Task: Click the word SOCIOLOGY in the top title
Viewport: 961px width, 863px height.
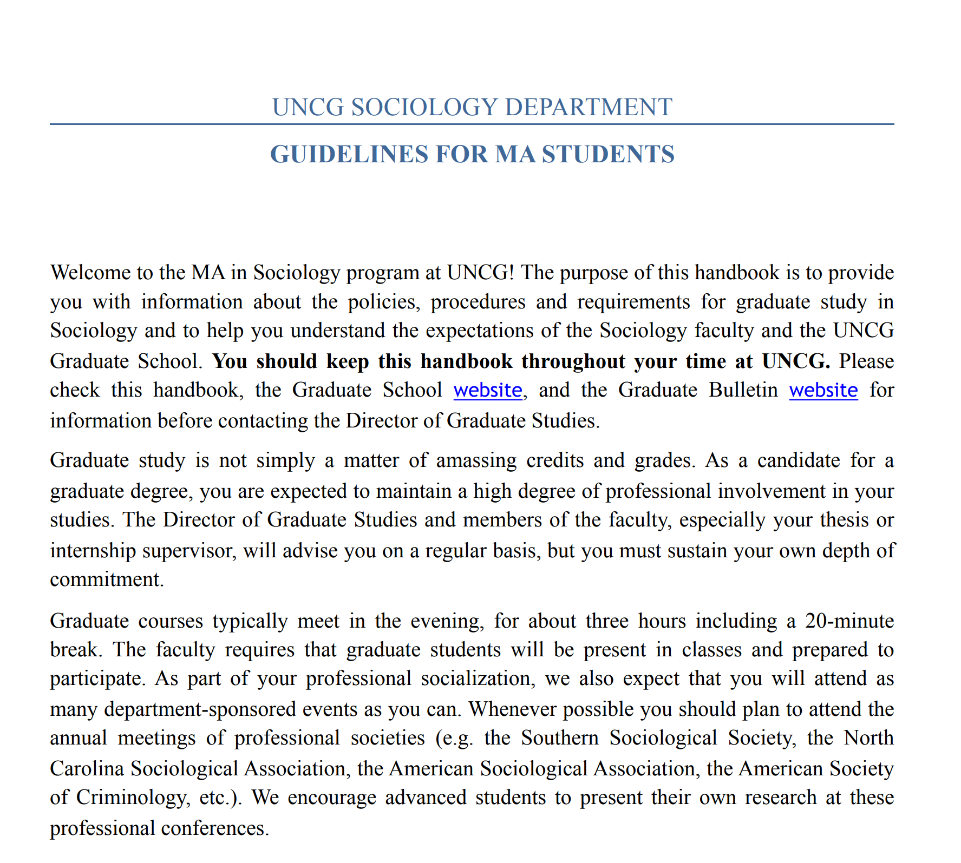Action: coord(424,107)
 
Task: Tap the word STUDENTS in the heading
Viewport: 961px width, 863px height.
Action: coord(608,154)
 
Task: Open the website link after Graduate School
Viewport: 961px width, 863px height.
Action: coord(487,390)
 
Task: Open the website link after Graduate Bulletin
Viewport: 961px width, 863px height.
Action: coord(823,390)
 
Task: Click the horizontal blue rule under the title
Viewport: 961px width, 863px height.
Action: coord(471,124)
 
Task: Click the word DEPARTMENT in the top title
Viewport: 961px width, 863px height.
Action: coord(588,107)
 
